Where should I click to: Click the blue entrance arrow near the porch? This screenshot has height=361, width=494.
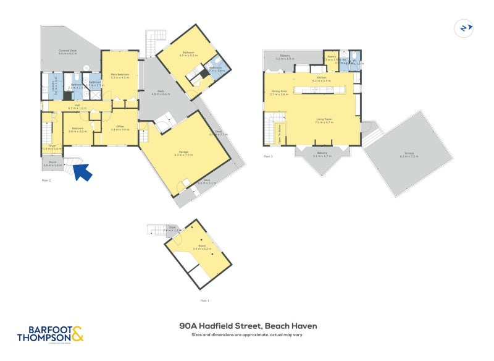point(83,171)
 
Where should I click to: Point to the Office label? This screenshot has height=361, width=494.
point(119,128)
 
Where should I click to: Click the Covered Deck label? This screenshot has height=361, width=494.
point(67,51)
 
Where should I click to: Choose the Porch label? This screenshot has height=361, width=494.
point(53,164)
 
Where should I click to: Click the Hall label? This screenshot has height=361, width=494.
point(77,106)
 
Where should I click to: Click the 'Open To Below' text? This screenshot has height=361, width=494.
point(278,130)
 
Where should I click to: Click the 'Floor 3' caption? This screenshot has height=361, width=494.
point(267,156)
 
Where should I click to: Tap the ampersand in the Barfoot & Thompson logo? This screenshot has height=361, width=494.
point(77,334)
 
